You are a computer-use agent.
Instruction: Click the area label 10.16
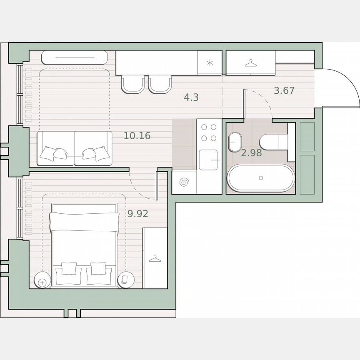(x=137, y=135)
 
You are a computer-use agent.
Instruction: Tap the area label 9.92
(x=138, y=214)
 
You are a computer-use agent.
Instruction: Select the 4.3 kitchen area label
(x=191, y=97)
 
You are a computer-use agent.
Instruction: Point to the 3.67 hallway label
(x=284, y=90)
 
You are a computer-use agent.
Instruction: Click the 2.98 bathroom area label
(x=252, y=153)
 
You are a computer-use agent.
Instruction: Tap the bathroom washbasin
(x=235, y=142)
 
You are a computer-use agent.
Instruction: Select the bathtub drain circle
(x=261, y=177)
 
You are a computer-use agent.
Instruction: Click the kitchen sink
(x=208, y=160)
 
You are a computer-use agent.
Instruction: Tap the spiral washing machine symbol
(x=184, y=182)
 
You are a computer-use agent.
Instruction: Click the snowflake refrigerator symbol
(x=210, y=63)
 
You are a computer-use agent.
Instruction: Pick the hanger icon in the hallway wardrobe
(x=250, y=63)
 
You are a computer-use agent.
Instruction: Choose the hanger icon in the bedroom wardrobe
(x=155, y=259)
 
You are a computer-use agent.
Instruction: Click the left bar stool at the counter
(x=132, y=84)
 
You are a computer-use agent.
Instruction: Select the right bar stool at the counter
(x=160, y=84)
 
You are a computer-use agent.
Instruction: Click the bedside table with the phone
(x=125, y=280)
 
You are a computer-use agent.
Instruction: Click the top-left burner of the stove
(x=204, y=127)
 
